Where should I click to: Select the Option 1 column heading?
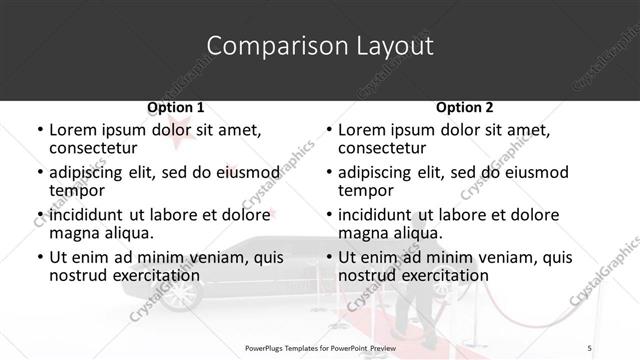pyautogui.click(x=176, y=107)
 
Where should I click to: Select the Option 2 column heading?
pyautogui.click(x=465, y=107)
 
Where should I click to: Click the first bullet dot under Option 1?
pyautogui.click(x=40, y=130)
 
